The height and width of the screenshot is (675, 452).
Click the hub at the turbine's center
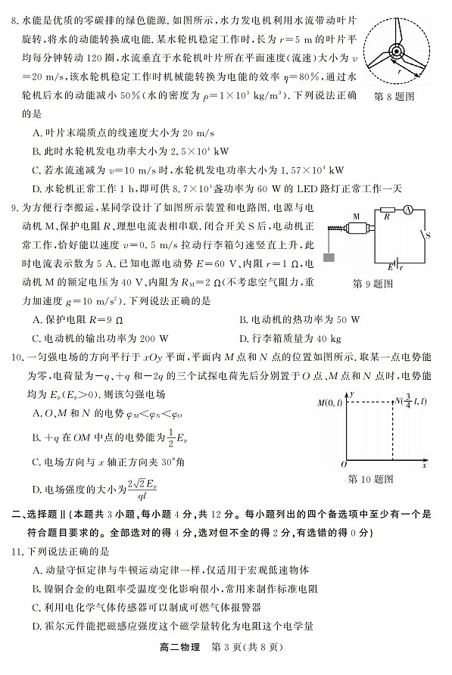[x=397, y=51]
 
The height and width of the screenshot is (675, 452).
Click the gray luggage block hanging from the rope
[x=329, y=257]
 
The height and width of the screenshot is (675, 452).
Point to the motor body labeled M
[x=354, y=226]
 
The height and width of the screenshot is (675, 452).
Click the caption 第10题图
[x=371, y=479]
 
